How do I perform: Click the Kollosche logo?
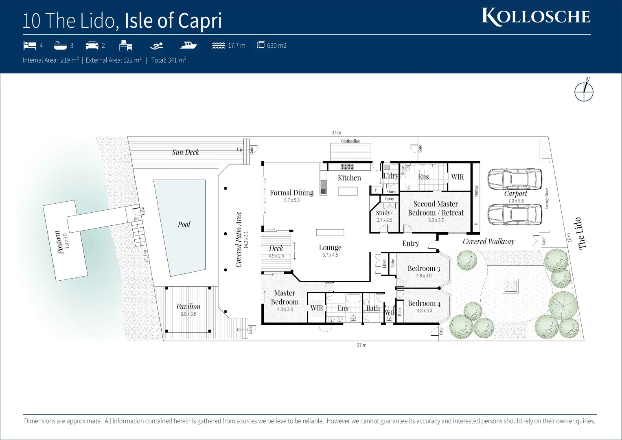(536, 17)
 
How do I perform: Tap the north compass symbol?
(584, 91)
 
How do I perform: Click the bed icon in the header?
(30, 45)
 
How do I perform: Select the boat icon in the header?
(188, 45)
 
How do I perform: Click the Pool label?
(184, 224)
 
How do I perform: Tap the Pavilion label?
(188, 306)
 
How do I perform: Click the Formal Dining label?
(291, 193)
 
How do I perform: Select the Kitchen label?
(349, 178)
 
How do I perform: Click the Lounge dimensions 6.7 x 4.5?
(330, 255)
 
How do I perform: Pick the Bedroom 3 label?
(424, 268)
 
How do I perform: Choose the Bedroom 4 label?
(424, 303)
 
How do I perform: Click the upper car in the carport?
(515, 179)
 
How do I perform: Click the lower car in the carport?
(515, 214)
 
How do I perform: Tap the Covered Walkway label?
(488, 242)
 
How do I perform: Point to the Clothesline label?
(350, 141)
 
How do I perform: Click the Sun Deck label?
(186, 152)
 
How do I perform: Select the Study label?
(384, 213)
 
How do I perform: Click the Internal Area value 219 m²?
(69, 60)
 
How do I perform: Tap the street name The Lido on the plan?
(580, 233)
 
